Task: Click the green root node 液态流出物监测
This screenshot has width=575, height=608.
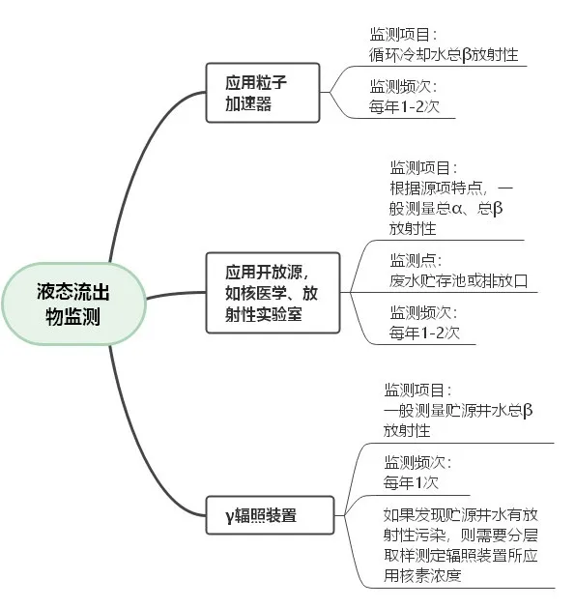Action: tap(73, 304)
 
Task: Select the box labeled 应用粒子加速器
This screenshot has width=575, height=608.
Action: tap(263, 93)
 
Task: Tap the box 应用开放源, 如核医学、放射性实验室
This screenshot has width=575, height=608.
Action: tap(273, 293)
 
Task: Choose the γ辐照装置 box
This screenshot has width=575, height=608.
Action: tap(270, 515)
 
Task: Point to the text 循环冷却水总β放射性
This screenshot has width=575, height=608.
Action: tap(444, 55)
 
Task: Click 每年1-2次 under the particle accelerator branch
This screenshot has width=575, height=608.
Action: tap(404, 106)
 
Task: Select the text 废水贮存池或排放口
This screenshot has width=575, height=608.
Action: tap(459, 280)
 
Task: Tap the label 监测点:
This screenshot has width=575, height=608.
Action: tap(416, 260)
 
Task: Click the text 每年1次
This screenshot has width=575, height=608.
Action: tap(411, 482)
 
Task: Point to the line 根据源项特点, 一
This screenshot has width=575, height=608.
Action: tap(451, 188)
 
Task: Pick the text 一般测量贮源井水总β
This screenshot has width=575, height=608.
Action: tap(458, 410)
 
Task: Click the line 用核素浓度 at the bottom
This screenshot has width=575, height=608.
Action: tap(422, 575)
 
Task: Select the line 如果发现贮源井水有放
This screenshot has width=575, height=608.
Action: tap(461, 514)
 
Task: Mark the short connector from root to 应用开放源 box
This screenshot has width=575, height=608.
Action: tap(176, 295)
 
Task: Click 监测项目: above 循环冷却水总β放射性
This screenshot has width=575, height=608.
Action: tap(403, 35)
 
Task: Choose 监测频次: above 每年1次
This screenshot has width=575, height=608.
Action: tap(417, 462)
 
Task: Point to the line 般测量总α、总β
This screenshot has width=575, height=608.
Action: tap(446, 208)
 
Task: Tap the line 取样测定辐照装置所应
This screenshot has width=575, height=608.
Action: tap(461, 555)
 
